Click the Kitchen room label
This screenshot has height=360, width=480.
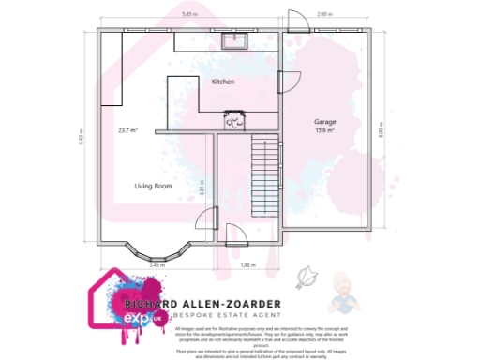click(222, 82)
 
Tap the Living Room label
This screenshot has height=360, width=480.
click(154, 186)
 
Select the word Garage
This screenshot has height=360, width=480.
click(325, 123)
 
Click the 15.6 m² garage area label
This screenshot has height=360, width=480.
click(325, 131)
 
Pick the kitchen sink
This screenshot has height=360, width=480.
click(231, 40)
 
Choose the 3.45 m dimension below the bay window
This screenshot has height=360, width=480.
click(157, 265)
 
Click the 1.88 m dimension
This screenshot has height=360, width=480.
click(247, 265)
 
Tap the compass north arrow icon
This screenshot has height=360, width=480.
click(304, 277)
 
